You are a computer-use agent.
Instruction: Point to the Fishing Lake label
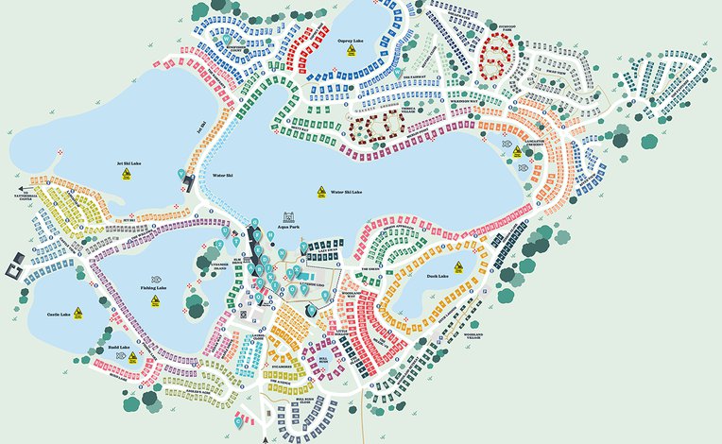pos(153,288)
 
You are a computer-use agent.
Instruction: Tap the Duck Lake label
pos(437,276)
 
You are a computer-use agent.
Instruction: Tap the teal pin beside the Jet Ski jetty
pos(181,173)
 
